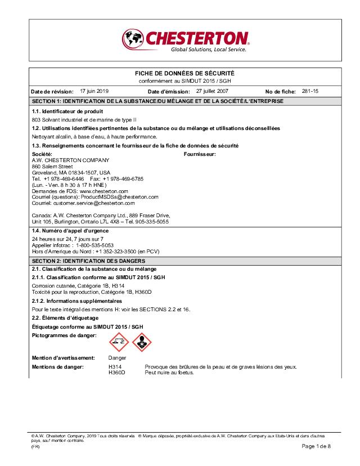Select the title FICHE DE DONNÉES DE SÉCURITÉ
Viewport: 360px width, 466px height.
point(185,74)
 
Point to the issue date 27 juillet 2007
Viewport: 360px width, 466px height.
point(213,91)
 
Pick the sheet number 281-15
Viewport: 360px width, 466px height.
point(310,91)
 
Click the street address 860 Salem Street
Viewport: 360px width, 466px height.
point(52,166)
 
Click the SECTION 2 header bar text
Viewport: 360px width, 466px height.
point(88,261)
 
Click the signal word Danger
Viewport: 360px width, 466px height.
point(118,358)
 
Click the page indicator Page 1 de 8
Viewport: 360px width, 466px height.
point(316,446)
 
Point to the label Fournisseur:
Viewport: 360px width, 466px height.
point(200,154)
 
